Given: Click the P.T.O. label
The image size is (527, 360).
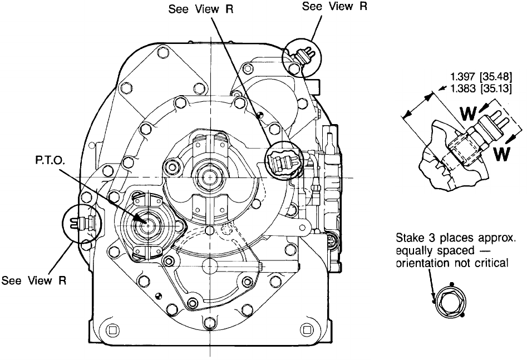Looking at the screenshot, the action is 51,160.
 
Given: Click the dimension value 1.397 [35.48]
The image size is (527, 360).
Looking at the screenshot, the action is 481,77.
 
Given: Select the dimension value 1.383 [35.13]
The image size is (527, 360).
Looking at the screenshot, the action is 481,88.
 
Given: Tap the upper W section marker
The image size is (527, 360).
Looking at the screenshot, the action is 468,114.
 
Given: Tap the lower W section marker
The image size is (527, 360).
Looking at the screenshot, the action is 502,154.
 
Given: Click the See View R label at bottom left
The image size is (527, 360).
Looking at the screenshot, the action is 33,280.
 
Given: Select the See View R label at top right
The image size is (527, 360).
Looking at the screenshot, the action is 334,6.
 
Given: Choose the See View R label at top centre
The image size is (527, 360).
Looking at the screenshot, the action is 201,9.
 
